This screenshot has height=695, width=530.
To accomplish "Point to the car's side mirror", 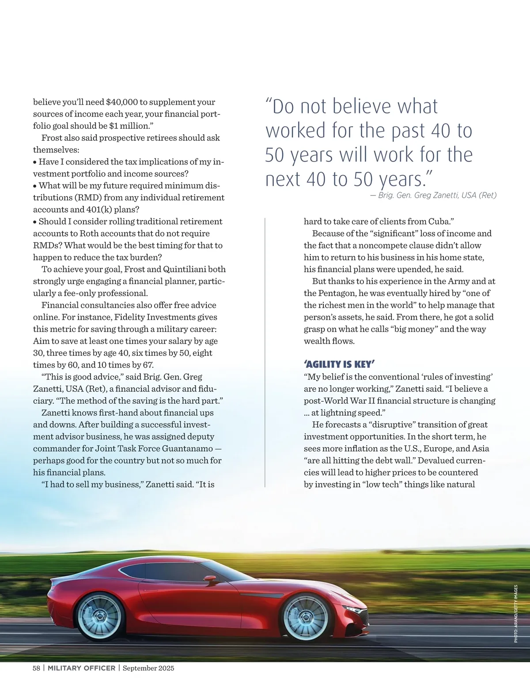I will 210,579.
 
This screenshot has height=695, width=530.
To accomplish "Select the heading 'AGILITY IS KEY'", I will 339,364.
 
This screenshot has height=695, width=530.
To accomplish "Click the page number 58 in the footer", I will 36,668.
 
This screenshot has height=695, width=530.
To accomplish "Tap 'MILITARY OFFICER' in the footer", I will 81,668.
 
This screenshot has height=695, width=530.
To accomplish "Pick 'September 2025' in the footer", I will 148,668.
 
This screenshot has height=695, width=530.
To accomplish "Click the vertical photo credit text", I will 515,613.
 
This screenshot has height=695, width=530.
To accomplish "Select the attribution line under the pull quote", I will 433,195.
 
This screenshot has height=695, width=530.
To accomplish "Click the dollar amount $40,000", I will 122,102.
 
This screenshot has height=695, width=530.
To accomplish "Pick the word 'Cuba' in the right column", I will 438,222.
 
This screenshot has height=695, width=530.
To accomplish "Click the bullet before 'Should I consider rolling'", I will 35,222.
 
